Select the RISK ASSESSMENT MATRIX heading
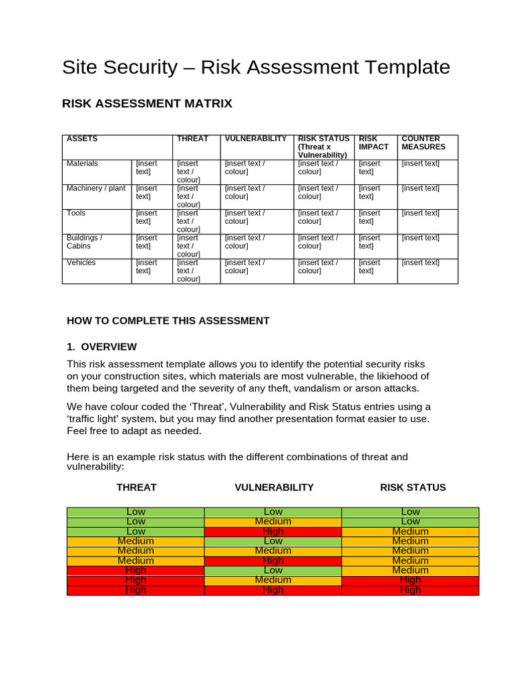pyautogui.click(x=147, y=104)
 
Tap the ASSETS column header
pyautogui.click(x=82, y=139)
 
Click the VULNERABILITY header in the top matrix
pyautogui.click(x=256, y=139)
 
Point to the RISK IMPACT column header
pyautogui.click(x=373, y=143)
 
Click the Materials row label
pyautogui.click(x=82, y=164)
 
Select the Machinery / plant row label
pyautogui.click(x=96, y=188)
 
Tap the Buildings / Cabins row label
pyautogui.click(x=84, y=242)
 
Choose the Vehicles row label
pyautogui.click(x=81, y=263)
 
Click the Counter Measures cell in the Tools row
pyautogui.click(x=420, y=213)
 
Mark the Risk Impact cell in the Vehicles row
pyautogui.click(x=369, y=267)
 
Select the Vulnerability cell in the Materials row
pyautogui.click(x=245, y=168)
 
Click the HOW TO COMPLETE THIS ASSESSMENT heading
pyautogui.click(x=168, y=321)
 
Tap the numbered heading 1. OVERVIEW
pyautogui.click(x=102, y=347)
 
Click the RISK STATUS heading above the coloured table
pyautogui.click(x=413, y=488)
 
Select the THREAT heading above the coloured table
pyautogui.click(x=136, y=488)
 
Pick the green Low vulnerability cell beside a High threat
pyautogui.click(x=273, y=570)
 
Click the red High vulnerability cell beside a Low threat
pyautogui.click(x=273, y=532)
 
